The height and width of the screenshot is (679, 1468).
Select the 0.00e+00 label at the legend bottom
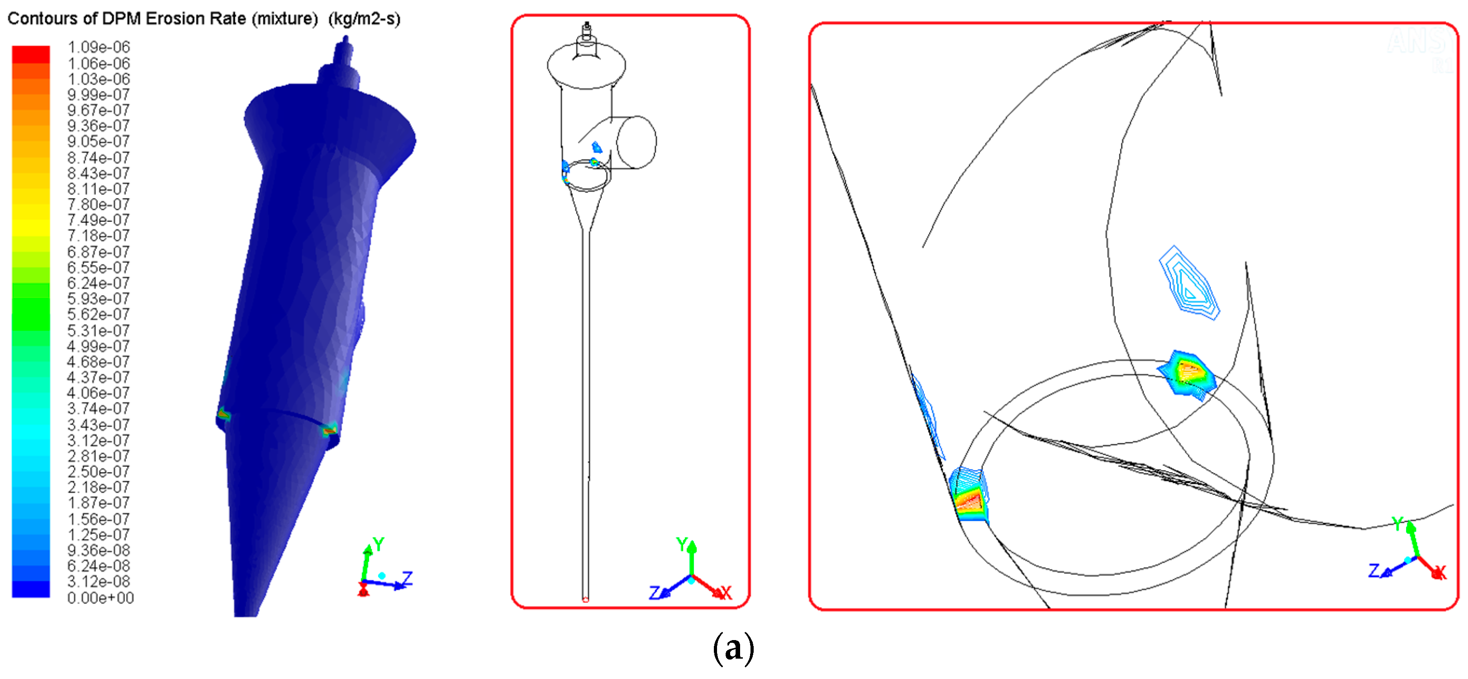(100, 598)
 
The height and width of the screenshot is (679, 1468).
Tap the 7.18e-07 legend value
(99, 235)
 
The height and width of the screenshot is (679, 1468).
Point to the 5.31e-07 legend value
(99, 330)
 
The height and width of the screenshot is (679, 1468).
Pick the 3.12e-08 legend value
(99, 582)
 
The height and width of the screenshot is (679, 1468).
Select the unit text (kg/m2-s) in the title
(365, 19)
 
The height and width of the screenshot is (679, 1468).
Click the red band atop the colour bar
(31, 54)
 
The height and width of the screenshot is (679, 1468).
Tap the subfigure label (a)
(733, 648)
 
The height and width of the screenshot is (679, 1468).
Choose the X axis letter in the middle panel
(726, 593)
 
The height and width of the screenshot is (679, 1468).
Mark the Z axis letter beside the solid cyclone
(407, 579)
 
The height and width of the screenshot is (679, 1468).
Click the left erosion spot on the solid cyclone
(224, 415)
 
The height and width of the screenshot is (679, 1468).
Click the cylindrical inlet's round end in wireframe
(637, 142)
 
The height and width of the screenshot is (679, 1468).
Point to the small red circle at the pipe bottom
(585, 599)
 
